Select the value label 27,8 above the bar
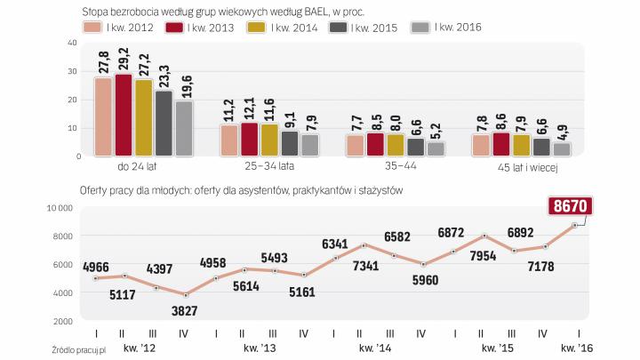click(x=103, y=61)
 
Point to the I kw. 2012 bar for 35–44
click(x=355, y=145)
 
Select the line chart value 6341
click(x=334, y=244)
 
